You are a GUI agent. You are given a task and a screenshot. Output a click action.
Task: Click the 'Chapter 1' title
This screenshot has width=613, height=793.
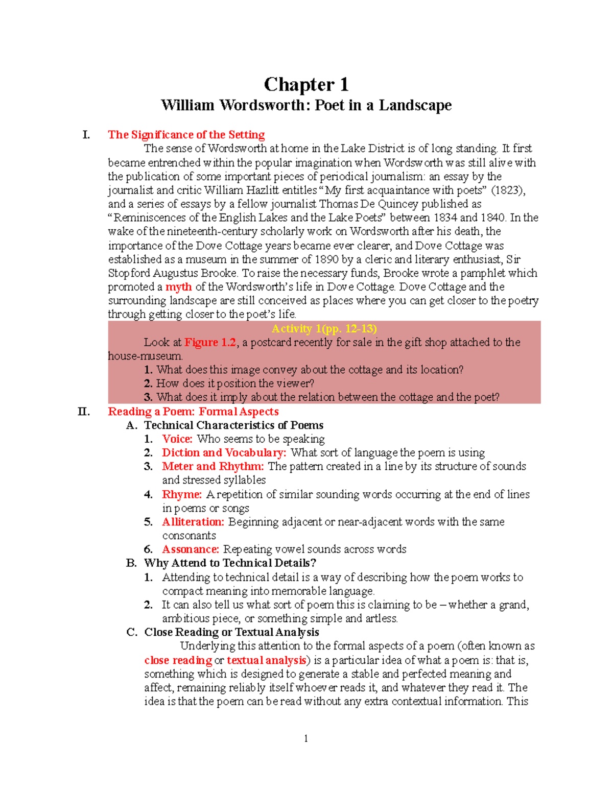(306, 84)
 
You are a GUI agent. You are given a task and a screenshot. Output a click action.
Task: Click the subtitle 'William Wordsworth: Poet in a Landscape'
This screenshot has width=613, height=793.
(306, 105)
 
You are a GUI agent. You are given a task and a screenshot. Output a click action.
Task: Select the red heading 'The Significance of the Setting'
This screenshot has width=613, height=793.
(186, 135)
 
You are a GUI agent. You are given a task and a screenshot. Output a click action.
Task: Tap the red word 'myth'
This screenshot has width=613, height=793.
(178, 287)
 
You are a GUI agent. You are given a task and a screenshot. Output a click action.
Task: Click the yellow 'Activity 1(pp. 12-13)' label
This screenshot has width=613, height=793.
(324, 328)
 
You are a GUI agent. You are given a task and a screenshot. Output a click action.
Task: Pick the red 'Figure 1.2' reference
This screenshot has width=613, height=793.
(210, 342)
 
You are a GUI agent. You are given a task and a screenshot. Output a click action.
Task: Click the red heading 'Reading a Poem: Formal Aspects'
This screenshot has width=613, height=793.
(193, 412)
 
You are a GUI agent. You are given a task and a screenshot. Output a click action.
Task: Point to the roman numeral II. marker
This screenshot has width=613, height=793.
(83, 412)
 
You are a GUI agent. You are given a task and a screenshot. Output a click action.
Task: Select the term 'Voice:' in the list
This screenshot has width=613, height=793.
(177, 439)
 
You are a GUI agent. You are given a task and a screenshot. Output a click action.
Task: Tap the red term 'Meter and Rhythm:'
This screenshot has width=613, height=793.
(213, 467)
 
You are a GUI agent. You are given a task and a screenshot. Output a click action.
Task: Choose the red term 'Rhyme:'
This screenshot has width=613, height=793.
(182, 494)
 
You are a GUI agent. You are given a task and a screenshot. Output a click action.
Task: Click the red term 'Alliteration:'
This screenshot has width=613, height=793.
(193, 522)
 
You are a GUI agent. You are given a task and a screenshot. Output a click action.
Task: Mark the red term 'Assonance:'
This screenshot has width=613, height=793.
(191, 549)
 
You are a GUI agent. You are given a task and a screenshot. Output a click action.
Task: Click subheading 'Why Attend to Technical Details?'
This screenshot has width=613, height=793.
(230, 563)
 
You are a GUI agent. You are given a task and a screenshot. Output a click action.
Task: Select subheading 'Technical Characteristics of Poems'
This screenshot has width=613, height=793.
(233, 425)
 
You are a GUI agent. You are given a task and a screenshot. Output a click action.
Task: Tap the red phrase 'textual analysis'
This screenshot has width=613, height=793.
(266, 660)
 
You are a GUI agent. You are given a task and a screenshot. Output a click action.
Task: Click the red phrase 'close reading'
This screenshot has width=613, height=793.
(178, 660)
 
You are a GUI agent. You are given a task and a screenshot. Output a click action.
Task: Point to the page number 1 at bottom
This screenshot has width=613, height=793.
(305, 738)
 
